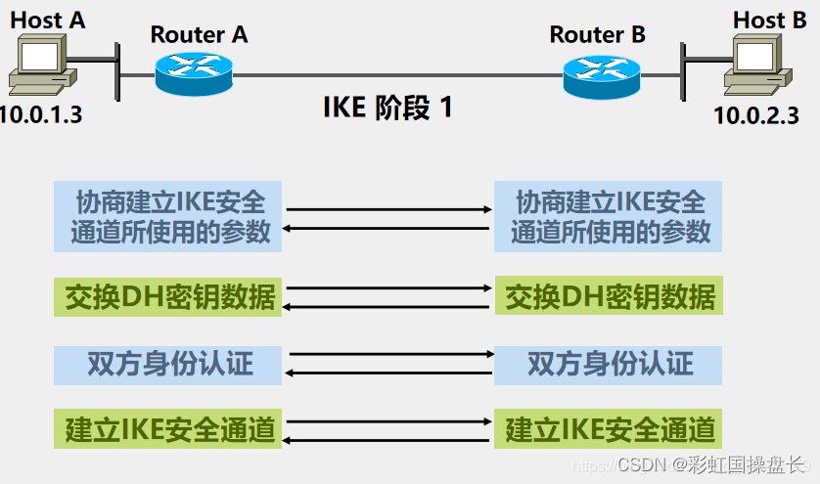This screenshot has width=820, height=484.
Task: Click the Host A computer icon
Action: pos(40,65)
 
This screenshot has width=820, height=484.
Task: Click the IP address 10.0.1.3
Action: pos(41,114)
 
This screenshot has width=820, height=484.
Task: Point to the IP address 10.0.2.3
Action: pos(756,114)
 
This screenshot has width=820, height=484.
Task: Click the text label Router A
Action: pos(199,34)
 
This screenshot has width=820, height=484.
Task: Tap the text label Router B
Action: pos(597,35)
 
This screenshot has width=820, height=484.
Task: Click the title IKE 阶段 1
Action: pos(388,107)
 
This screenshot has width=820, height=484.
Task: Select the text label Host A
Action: pos(48,19)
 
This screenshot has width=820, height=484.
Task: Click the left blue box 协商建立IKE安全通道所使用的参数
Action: pos(168,216)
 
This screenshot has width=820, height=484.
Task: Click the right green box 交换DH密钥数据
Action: pos(609,295)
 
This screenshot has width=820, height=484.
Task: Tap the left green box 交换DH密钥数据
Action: pos(168,295)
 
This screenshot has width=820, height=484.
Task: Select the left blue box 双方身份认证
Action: pos(168,364)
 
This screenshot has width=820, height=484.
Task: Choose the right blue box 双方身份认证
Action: pos(609,364)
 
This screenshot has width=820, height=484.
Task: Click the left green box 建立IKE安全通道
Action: pos(168,429)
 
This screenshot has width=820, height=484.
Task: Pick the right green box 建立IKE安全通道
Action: pos(609,429)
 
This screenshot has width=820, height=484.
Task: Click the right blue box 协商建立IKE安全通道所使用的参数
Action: pos(609,216)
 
